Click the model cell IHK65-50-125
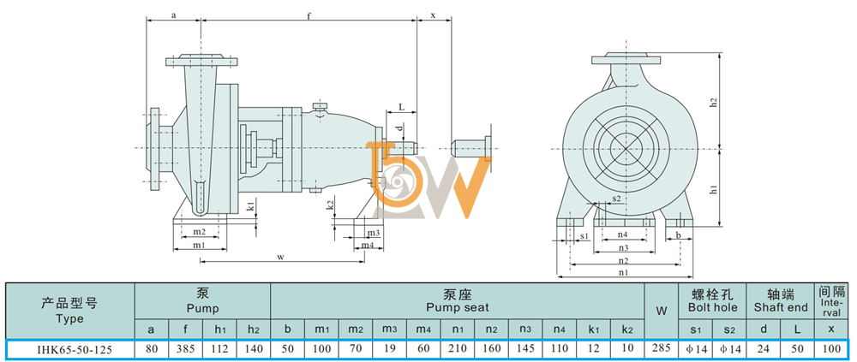pos(70,349)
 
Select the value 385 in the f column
pos(185,349)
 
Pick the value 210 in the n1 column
pos(458,349)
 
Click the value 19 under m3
pos(390,349)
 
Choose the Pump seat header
pos(457,301)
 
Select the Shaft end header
pos(781,301)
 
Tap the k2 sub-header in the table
pos(627,329)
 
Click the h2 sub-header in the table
pos(253,329)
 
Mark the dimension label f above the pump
pos(309,16)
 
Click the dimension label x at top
pos(434,15)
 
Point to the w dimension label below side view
pos(281,257)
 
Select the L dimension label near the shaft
pos(401,107)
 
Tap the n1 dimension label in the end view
pos(623,271)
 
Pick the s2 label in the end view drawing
pos(616,198)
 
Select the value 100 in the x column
pos(830,349)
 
